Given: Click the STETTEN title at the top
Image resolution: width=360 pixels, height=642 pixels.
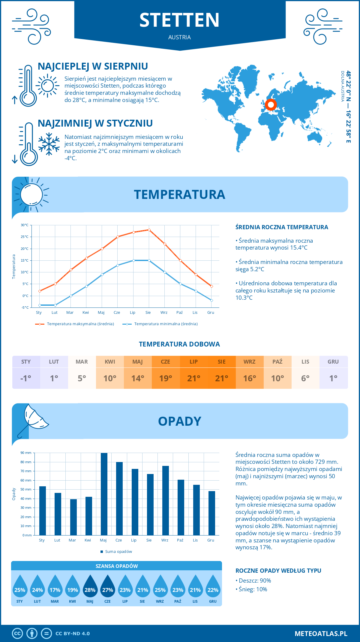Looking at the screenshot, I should pos(179,20).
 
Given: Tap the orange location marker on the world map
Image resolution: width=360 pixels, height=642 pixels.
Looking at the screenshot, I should pos(271,105).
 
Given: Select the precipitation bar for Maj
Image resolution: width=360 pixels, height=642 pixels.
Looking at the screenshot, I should pos(104,494).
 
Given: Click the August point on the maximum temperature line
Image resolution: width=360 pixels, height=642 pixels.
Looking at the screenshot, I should pos(149,230).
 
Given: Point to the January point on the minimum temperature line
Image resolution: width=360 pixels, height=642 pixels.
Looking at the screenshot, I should pos(40,305).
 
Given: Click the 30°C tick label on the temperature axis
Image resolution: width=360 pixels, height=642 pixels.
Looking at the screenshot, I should pos(25,225).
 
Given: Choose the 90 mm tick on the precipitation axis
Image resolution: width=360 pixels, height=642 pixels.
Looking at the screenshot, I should pos(26,453).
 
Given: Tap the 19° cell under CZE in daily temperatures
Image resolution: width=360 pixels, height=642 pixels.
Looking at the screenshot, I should pos(166,378).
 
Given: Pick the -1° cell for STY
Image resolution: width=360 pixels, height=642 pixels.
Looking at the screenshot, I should pos(26,378).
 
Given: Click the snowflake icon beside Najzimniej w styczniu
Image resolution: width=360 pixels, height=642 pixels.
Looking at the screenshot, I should pos(49,144).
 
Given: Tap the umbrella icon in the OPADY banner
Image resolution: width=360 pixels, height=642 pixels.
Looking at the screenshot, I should pos(33,418).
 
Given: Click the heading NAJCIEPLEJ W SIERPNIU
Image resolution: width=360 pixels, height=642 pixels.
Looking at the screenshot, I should pos(93,66).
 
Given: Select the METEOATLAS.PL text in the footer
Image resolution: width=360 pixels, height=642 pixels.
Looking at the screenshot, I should pos(321,633).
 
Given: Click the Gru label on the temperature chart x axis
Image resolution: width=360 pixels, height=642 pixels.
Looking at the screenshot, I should pos(211,312).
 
